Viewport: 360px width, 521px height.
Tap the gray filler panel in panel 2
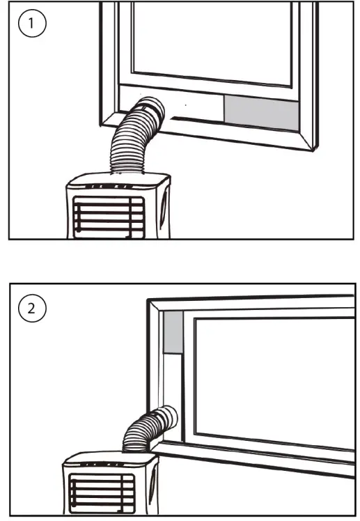pos(172,332)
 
